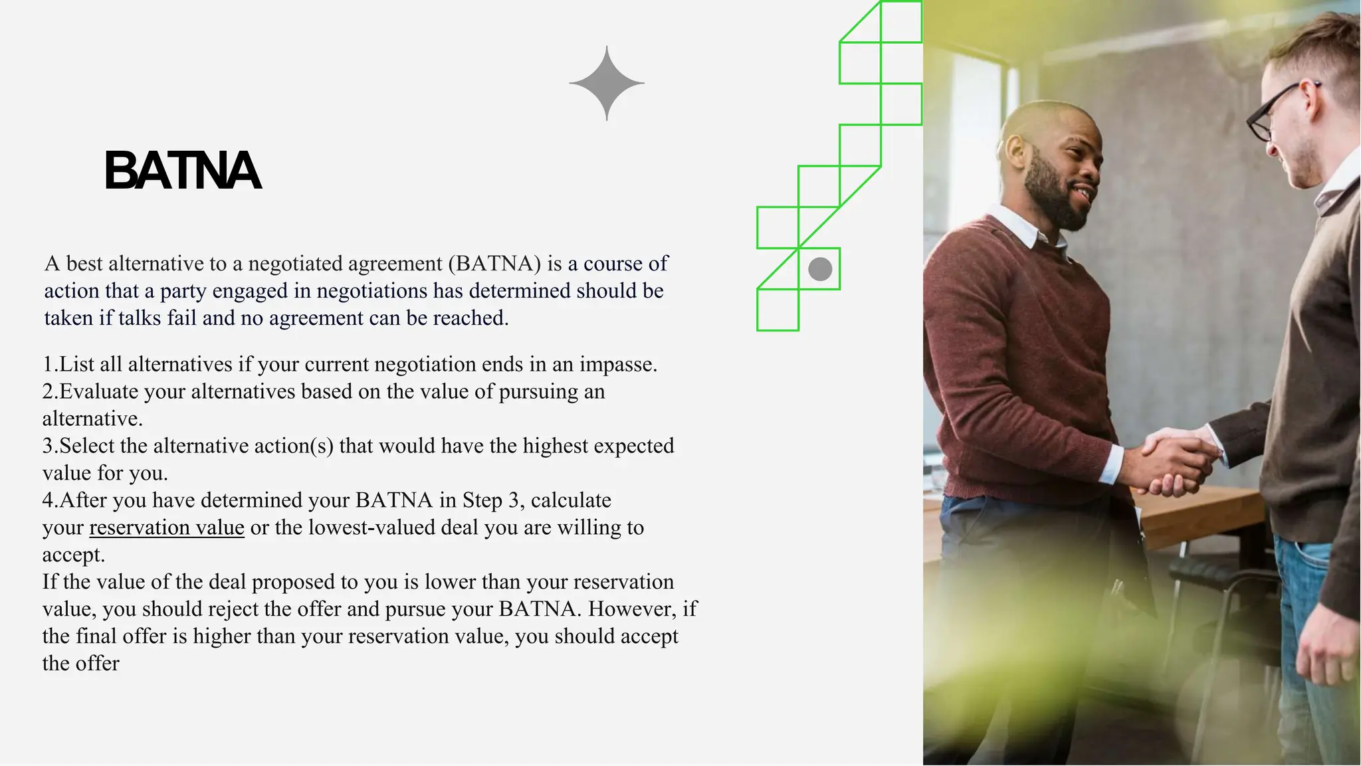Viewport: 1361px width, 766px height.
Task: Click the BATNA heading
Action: (183, 171)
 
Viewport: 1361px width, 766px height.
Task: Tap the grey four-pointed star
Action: (607, 84)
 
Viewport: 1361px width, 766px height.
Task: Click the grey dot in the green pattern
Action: (820, 269)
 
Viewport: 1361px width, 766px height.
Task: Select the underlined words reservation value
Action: (167, 527)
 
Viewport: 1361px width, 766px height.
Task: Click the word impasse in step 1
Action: (617, 365)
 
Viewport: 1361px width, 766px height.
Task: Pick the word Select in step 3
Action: (87, 446)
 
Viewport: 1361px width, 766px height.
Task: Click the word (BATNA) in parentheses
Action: (494, 264)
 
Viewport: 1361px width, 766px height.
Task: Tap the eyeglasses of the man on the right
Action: (1276, 110)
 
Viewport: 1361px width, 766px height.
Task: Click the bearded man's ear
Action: (1016, 151)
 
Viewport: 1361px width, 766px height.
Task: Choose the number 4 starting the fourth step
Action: (48, 500)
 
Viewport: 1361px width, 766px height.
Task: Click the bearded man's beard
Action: (1053, 193)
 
